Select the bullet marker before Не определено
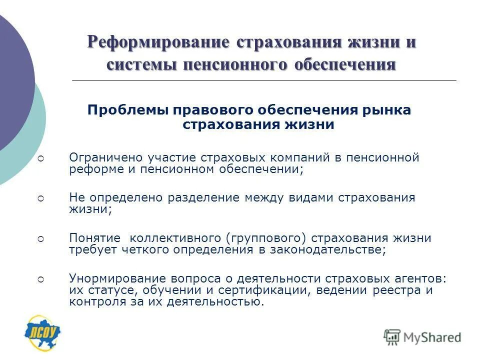(x=41, y=198)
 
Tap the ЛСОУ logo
(x=43, y=331)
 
